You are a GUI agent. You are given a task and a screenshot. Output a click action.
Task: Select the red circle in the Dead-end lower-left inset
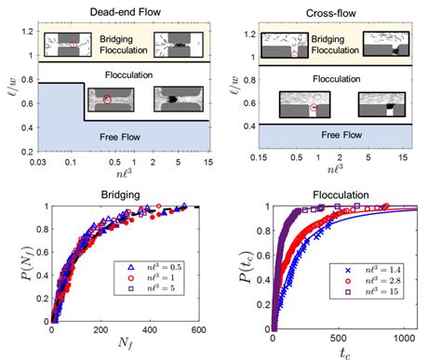click(107, 99)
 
